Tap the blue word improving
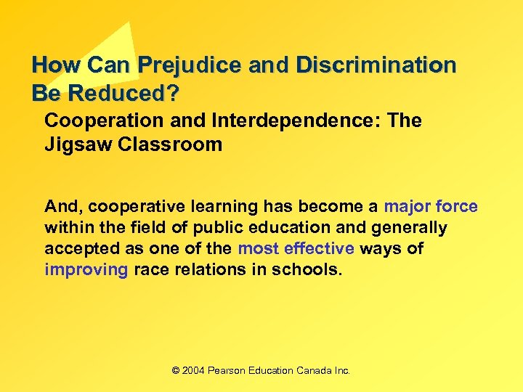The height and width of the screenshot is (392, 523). coord(86,270)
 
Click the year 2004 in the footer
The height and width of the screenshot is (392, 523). coord(193,370)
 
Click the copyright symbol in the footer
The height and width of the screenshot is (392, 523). coord(175,370)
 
